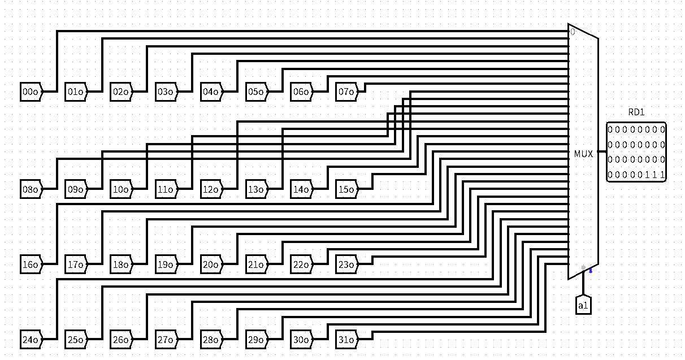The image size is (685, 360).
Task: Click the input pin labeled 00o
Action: tap(31, 91)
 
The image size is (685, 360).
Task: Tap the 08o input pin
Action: tap(31, 189)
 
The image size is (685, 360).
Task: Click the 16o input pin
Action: tap(31, 264)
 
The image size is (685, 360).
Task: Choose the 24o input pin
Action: tap(31, 340)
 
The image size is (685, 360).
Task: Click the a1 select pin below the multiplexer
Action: tap(583, 305)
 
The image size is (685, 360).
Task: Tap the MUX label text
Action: tap(583, 154)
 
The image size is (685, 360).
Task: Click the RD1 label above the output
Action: tap(636, 112)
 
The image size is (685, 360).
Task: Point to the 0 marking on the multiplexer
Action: tap(573, 32)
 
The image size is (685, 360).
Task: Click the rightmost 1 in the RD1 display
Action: tap(662, 175)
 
